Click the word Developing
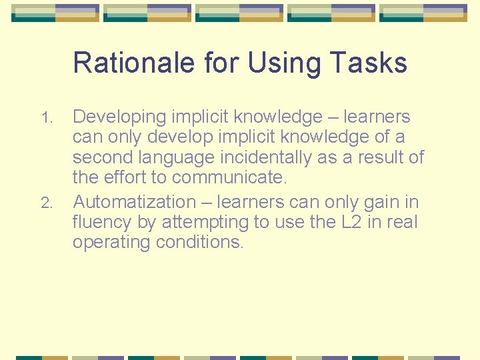119,117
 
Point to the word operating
111,243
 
